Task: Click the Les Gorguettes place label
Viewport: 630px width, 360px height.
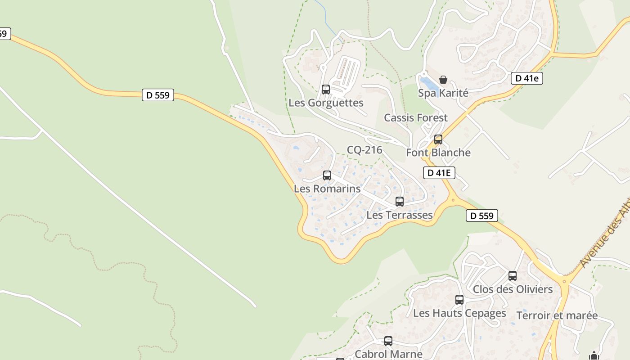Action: pyautogui.click(x=326, y=103)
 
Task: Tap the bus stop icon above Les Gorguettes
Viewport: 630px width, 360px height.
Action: pyautogui.click(x=326, y=90)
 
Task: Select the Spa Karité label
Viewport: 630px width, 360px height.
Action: pyautogui.click(x=443, y=93)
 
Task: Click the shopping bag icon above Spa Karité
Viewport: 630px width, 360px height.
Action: pyautogui.click(x=443, y=80)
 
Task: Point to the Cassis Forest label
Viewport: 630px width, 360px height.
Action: pyautogui.click(x=416, y=118)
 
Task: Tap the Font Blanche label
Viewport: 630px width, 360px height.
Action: pyautogui.click(x=438, y=153)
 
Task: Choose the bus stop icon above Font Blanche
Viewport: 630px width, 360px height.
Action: pyautogui.click(x=438, y=139)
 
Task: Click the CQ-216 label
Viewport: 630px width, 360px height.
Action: pyautogui.click(x=364, y=150)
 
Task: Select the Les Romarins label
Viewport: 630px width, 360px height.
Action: pyautogui.click(x=327, y=189)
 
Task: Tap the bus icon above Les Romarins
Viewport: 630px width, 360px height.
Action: pyautogui.click(x=327, y=175)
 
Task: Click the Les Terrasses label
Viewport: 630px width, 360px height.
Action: pyautogui.click(x=400, y=215)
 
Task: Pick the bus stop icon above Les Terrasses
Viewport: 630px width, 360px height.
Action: pyautogui.click(x=400, y=202)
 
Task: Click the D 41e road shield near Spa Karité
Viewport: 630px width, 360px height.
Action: pyautogui.click(x=527, y=78)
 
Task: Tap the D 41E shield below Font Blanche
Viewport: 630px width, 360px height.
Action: pyautogui.click(x=439, y=173)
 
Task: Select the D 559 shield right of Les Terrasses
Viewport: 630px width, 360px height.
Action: pyautogui.click(x=482, y=216)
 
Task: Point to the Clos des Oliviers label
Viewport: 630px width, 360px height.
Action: pyautogui.click(x=513, y=289)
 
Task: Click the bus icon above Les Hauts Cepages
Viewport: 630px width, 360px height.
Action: pyautogui.click(x=459, y=300)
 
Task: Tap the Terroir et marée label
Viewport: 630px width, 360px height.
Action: pyautogui.click(x=557, y=315)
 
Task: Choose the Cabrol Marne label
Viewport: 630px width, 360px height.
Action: pyautogui.click(x=389, y=354)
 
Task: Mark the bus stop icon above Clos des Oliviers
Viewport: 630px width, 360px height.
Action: pyautogui.click(x=513, y=276)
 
